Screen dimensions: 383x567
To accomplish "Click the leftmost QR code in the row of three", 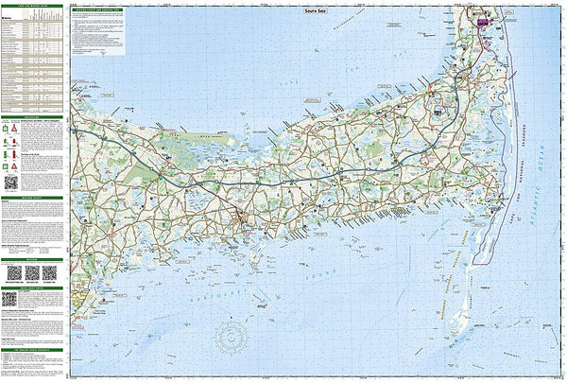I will tap(12, 273).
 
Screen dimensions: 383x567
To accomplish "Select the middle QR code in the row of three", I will tap(30, 273).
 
